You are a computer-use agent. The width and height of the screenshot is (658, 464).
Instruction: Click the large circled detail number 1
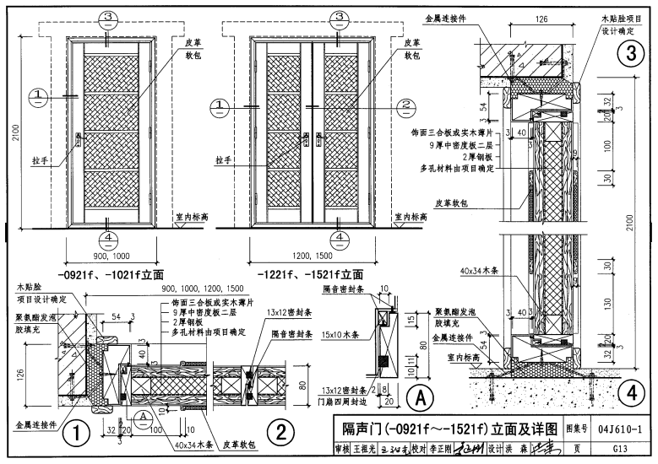coord(77,434)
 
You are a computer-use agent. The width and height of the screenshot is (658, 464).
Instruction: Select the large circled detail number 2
coord(280,433)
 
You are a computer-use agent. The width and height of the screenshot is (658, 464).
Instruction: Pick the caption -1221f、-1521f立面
coord(313,274)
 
